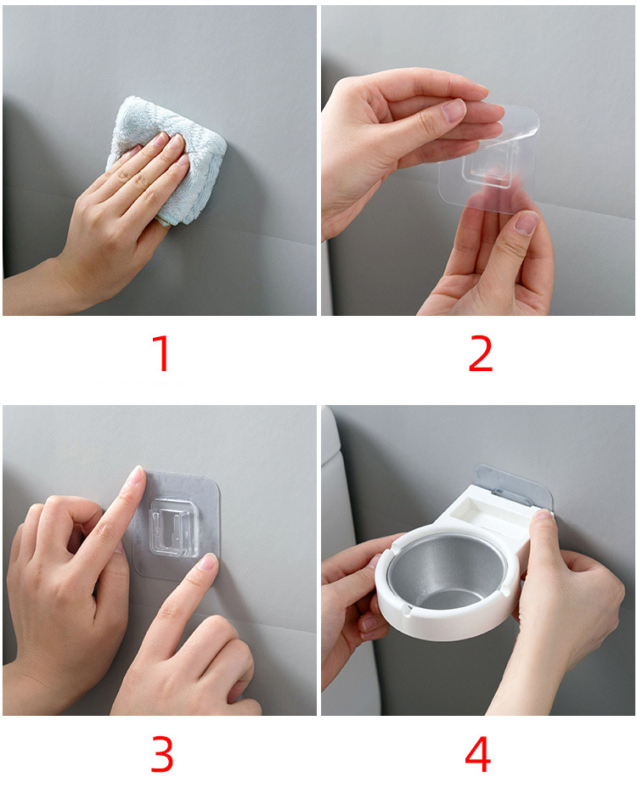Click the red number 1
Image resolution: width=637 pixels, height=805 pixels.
click(163, 353)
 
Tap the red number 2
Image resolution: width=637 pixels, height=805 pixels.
click(481, 353)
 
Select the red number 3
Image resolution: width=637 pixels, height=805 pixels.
click(162, 755)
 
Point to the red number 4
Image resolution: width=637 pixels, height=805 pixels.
click(478, 754)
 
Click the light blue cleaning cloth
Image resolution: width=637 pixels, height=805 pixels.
click(169, 159)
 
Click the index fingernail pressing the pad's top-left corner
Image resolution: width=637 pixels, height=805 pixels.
click(137, 476)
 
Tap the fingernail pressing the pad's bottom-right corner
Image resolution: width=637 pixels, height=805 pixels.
click(208, 562)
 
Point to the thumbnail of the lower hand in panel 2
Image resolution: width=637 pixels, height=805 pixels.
click(526, 223)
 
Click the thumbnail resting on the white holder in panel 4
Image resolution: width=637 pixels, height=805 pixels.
click(541, 514)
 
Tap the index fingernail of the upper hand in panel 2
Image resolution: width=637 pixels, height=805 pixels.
click(454, 110)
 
